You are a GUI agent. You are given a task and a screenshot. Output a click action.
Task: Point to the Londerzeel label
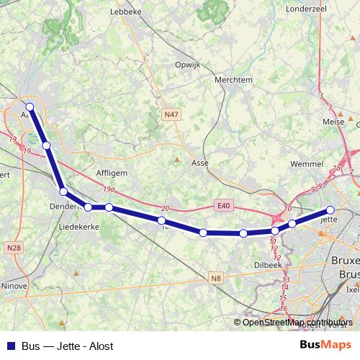[307, 9]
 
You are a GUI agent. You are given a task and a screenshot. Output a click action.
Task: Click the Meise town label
[335, 122]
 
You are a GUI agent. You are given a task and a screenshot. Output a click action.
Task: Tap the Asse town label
[200, 163]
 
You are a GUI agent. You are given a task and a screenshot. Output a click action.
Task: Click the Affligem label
[112, 173]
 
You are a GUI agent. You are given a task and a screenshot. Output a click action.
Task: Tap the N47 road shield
[171, 114]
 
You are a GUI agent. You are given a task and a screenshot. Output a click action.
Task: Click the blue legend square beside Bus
[11, 346]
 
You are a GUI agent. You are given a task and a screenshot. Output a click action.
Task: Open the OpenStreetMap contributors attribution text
[297, 323]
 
